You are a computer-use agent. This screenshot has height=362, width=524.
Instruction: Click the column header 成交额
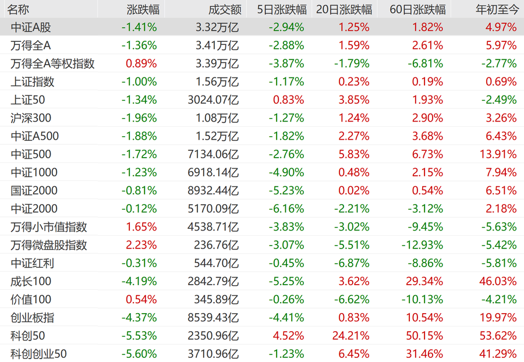pos(225,9)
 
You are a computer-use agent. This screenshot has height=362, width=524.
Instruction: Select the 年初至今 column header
pos(497,9)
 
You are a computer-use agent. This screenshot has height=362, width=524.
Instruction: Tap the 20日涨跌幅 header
pos(344,9)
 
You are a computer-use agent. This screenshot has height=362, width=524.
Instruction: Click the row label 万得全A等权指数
pos(52,63)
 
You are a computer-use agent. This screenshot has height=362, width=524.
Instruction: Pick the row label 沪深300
pos(31,118)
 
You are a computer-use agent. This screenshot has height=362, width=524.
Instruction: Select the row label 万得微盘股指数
pos(48,245)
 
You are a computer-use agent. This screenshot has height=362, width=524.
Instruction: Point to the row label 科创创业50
pos(38,354)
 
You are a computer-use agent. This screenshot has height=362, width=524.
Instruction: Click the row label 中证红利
pos(32,263)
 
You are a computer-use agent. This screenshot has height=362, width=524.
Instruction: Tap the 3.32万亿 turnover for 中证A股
pos(217,27)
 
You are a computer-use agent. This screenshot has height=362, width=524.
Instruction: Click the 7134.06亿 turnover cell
pos(213,154)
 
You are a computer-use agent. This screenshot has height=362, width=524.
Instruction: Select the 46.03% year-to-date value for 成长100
pos(498,281)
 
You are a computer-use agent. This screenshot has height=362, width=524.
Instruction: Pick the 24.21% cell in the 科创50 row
pos(351,336)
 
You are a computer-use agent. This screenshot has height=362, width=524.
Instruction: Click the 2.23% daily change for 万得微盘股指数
pos(141,245)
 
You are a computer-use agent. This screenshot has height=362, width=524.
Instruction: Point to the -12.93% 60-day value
pos(423,245)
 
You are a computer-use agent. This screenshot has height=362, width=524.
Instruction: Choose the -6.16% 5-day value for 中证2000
pos(286,209)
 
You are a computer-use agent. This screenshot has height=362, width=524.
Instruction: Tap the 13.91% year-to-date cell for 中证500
pos(498,154)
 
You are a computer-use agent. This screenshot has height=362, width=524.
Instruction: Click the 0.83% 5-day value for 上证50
pos(288,100)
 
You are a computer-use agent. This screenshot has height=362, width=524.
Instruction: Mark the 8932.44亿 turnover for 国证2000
pos(213,191)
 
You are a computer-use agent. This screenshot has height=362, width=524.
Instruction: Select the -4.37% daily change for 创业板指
pos(139,318)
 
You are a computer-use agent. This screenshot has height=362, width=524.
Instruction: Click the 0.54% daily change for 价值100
pos(141,300)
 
